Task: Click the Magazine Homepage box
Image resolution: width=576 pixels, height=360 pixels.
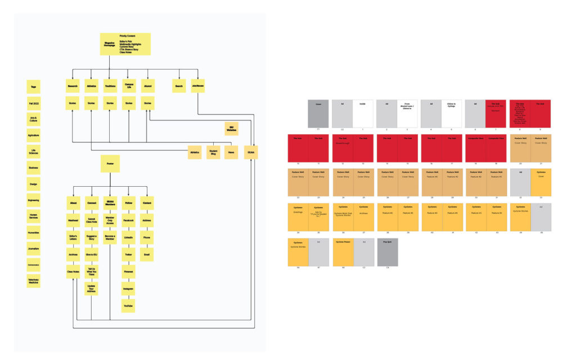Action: point(125,43)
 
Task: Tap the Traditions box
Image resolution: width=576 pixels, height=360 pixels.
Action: point(110,86)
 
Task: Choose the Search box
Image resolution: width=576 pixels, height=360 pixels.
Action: point(179,86)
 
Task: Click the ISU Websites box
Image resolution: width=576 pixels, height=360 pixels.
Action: point(231,128)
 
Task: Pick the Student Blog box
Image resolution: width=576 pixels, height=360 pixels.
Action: point(213,152)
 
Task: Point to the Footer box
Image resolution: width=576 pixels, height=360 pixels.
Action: point(110,164)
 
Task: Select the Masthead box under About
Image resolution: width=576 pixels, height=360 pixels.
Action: point(73,220)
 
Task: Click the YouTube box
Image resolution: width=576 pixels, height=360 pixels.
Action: point(128,305)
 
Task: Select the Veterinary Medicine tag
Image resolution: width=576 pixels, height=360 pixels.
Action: point(34,280)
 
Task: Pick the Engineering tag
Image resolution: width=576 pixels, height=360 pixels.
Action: point(34,200)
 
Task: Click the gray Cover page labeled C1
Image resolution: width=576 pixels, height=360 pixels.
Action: point(318,114)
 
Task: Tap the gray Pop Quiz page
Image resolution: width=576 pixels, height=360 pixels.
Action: point(388,252)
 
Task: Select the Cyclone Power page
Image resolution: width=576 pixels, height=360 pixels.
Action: point(343,252)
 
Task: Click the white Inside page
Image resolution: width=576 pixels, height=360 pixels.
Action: point(363,114)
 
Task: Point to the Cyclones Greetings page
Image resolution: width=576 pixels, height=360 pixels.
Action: point(298,217)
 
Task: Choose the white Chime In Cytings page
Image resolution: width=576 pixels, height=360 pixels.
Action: point(451,114)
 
